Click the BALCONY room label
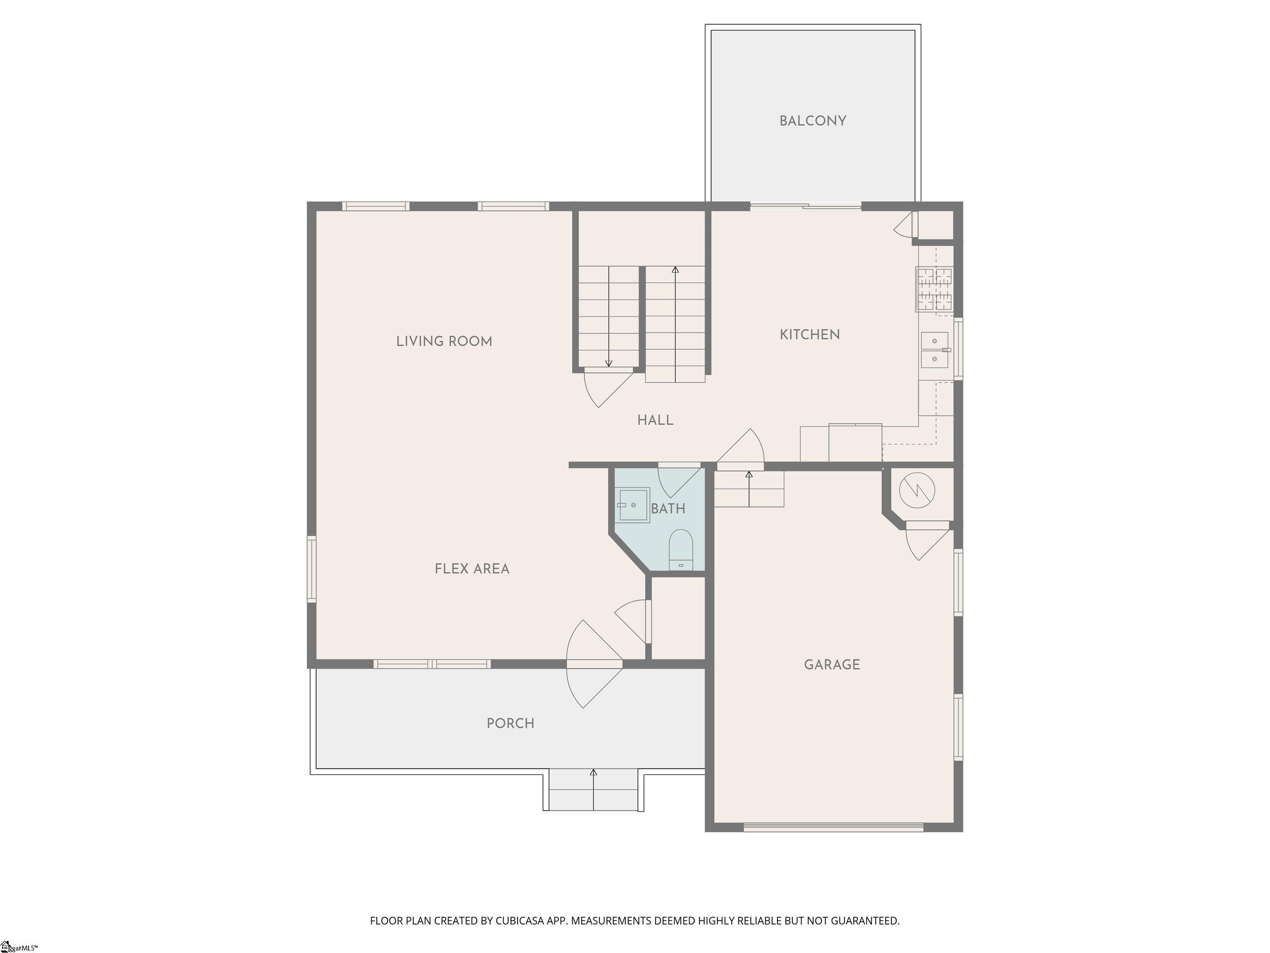coord(812,121)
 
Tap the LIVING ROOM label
coord(444,341)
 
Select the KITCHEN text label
coord(809,334)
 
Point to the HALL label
coord(655,420)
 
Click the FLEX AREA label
coord(472,569)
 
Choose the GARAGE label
coord(832,665)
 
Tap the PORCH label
coord(511,723)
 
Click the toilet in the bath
coord(681,550)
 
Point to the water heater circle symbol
coord(917,491)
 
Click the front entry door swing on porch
coord(594,664)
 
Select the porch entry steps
coord(593,789)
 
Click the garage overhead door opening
coord(833,827)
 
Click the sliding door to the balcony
coord(805,206)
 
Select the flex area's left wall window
coord(312,569)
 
